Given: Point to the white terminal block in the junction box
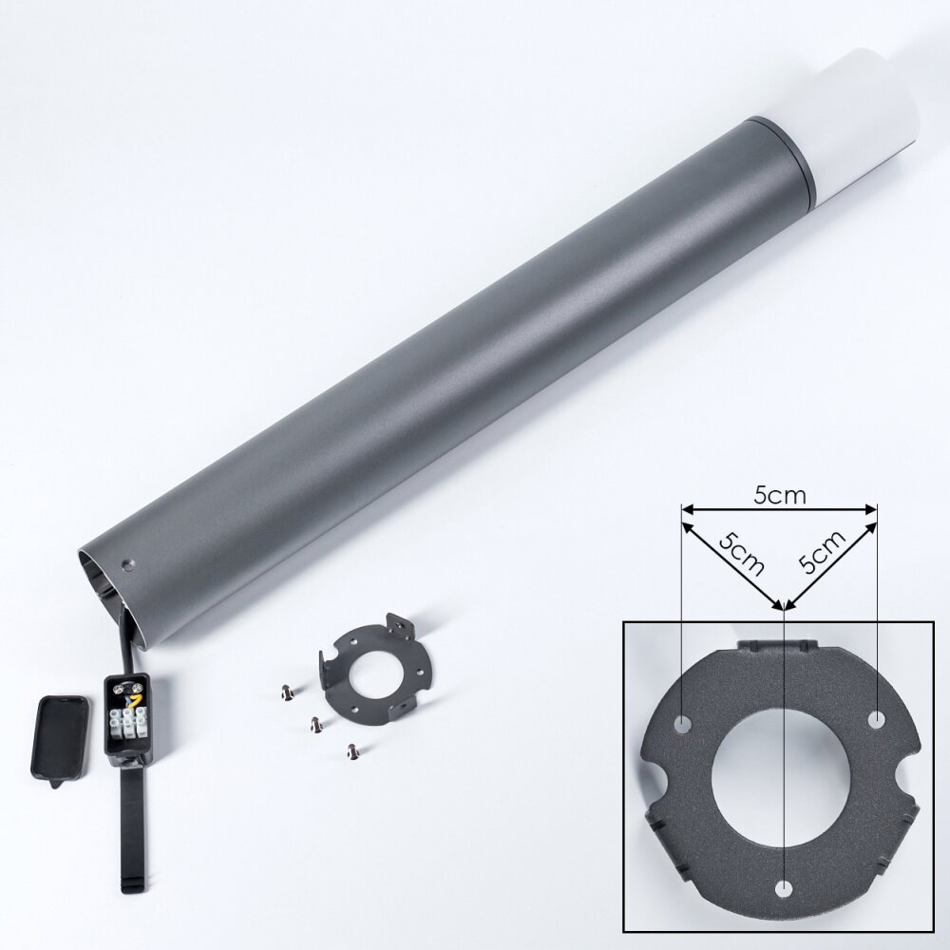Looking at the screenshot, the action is click(133, 723).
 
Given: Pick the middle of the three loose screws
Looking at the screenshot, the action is click(315, 723).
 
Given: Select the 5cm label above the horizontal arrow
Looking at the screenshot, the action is click(780, 496).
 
